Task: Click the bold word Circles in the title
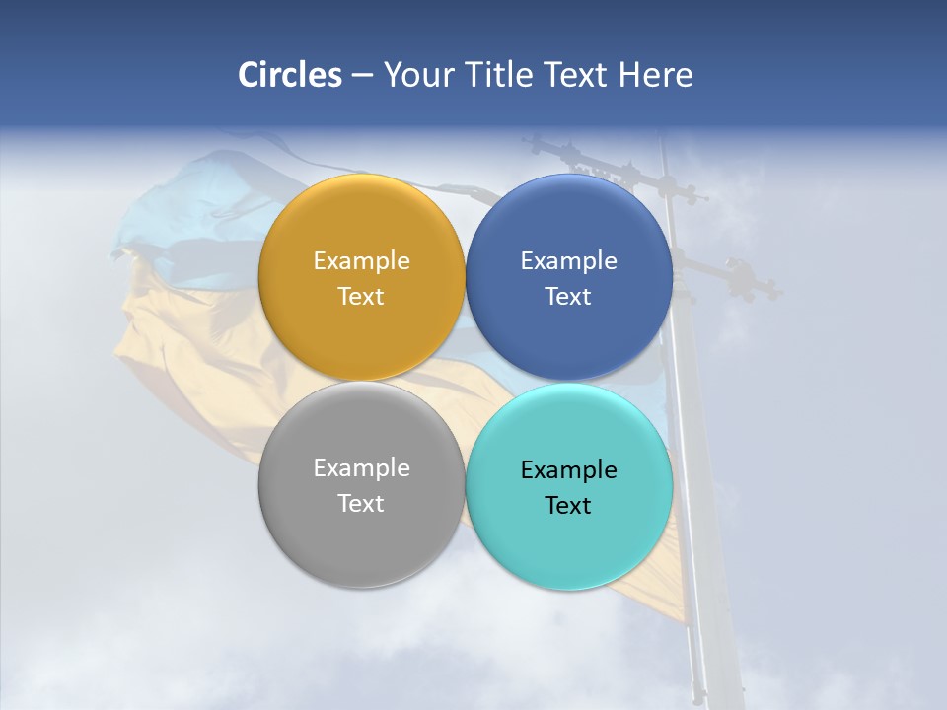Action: click(x=289, y=75)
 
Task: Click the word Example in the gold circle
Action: click(x=361, y=261)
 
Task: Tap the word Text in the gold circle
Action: click(x=361, y=297)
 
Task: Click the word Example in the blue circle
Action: click(x=568, y=261)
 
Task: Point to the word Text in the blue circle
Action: click(x=568, y=297)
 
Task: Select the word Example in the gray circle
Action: click(x=361, y=468)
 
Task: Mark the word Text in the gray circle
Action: click(x=361, y=504)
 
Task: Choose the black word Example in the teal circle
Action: click(x=568, y=470)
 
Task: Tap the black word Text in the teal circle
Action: click(x=568, y=506)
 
